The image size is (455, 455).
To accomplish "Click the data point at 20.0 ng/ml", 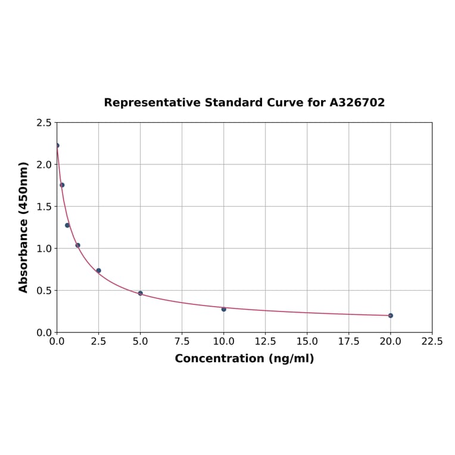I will (x=391, y=316).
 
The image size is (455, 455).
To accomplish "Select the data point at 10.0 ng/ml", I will (x=224, y=309).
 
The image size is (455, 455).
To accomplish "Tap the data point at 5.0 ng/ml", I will (x=141, y=293).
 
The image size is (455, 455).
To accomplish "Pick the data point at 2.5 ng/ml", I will (x=99, y=270).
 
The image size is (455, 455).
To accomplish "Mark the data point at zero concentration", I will (x=57, y=145).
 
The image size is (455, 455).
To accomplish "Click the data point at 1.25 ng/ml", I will (x=78, y=245).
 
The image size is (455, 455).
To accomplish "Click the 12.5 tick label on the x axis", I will (x=266, y=342).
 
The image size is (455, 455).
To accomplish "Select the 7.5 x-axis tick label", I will (x=182, y=342).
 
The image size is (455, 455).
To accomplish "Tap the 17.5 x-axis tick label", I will (x=349, y=342).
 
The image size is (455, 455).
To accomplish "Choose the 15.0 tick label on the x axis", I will (x=307, y=342).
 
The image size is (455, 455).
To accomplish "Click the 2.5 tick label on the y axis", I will (x=44, y=123).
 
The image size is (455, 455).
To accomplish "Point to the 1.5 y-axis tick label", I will (x=44, y=207).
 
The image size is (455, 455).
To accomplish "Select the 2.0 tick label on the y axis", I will (x=44, y=164).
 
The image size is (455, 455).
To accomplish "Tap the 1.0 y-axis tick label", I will (x=44, y=248).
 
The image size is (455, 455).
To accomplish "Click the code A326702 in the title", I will (x=357, y=103).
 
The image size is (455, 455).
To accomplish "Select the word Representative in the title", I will (x=152, y=103).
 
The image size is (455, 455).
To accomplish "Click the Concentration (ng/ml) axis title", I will (x=244, y=359).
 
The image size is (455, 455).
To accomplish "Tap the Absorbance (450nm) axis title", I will (x=24, y=227).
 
